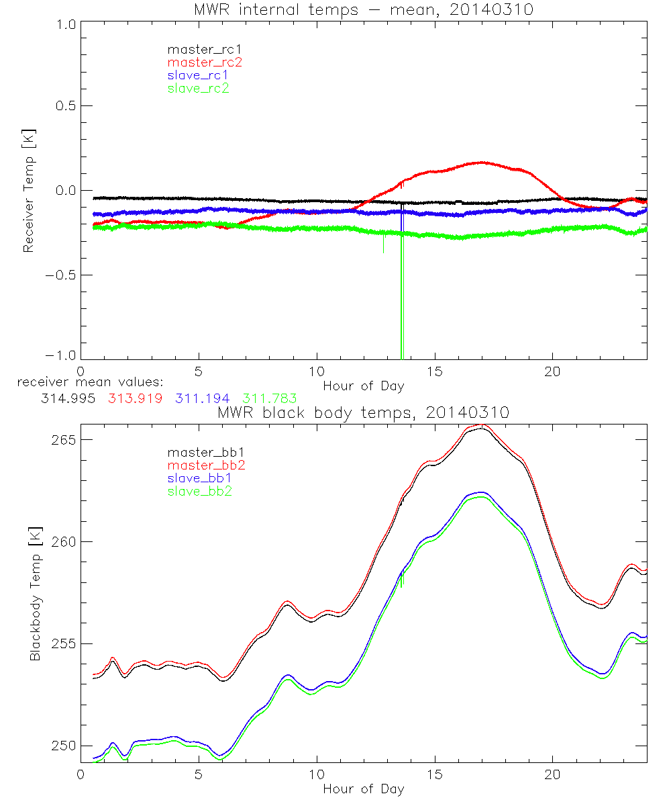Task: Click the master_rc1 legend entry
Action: [198, 49]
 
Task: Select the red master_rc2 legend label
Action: [198, 62]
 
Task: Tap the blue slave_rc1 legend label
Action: [198, 75]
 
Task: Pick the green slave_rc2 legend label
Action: [198, 88]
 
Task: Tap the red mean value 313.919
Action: [135, 398]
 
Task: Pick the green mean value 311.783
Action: [270, 398]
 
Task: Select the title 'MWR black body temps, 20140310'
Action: [363, 413]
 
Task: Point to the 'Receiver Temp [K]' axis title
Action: [28, 191]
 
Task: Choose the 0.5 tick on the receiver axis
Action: [63, 106]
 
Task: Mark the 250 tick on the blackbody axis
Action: [63, 746]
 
